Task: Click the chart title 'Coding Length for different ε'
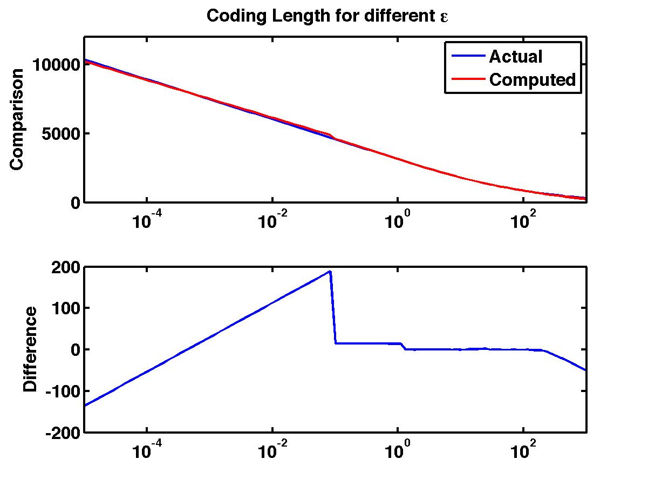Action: click(x=328, y=16)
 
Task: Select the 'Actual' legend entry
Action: click(x=515, y=56)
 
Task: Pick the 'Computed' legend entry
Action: click(x=533, y=80)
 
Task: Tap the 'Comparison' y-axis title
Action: click(x=17, y=119)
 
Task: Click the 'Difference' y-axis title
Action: click(x=31, y=349)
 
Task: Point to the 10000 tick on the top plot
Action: click(x=56, y=65)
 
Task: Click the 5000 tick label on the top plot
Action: click(x=62, y=133)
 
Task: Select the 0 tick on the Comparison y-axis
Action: click(x=74, y=203)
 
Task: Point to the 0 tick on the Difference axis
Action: click(x=74, y=349)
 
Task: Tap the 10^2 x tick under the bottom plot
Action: click(x=523, y=451)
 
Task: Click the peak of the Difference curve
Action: click(x=330, y=272)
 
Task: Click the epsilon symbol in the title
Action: click(x=445, y=17)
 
